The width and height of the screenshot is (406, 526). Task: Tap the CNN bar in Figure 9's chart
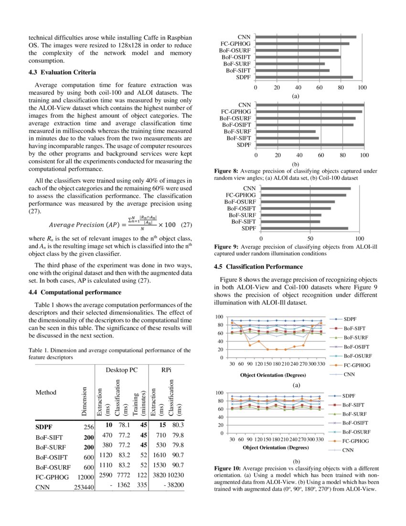[306, 188]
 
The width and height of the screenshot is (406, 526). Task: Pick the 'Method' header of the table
[46, 393]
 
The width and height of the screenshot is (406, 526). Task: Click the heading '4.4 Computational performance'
[75, 292]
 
